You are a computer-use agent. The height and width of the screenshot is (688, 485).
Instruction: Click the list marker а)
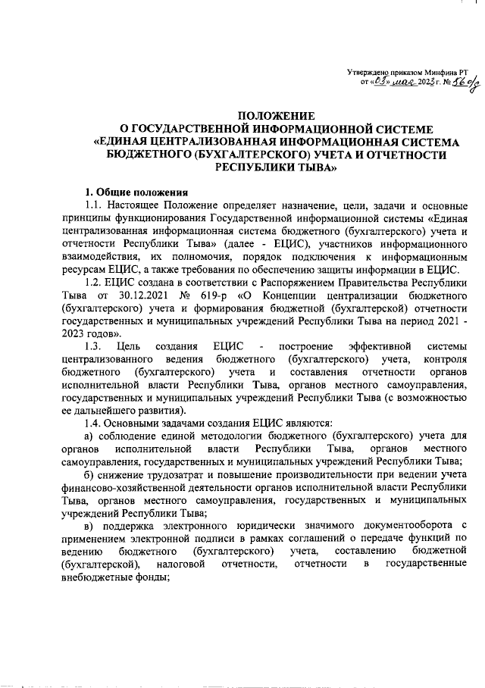click(x=89, y=436)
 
